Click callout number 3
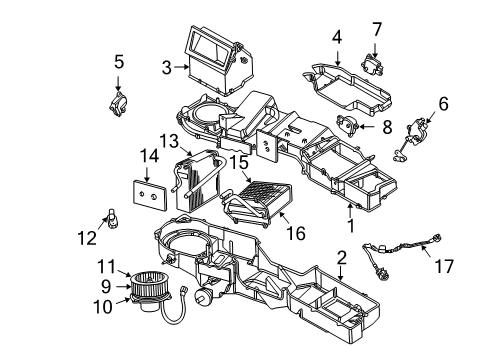[x=167, y=68]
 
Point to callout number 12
[x=88, y=237]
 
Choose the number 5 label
[x=118, y=60]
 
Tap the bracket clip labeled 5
[x=119, y=100]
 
